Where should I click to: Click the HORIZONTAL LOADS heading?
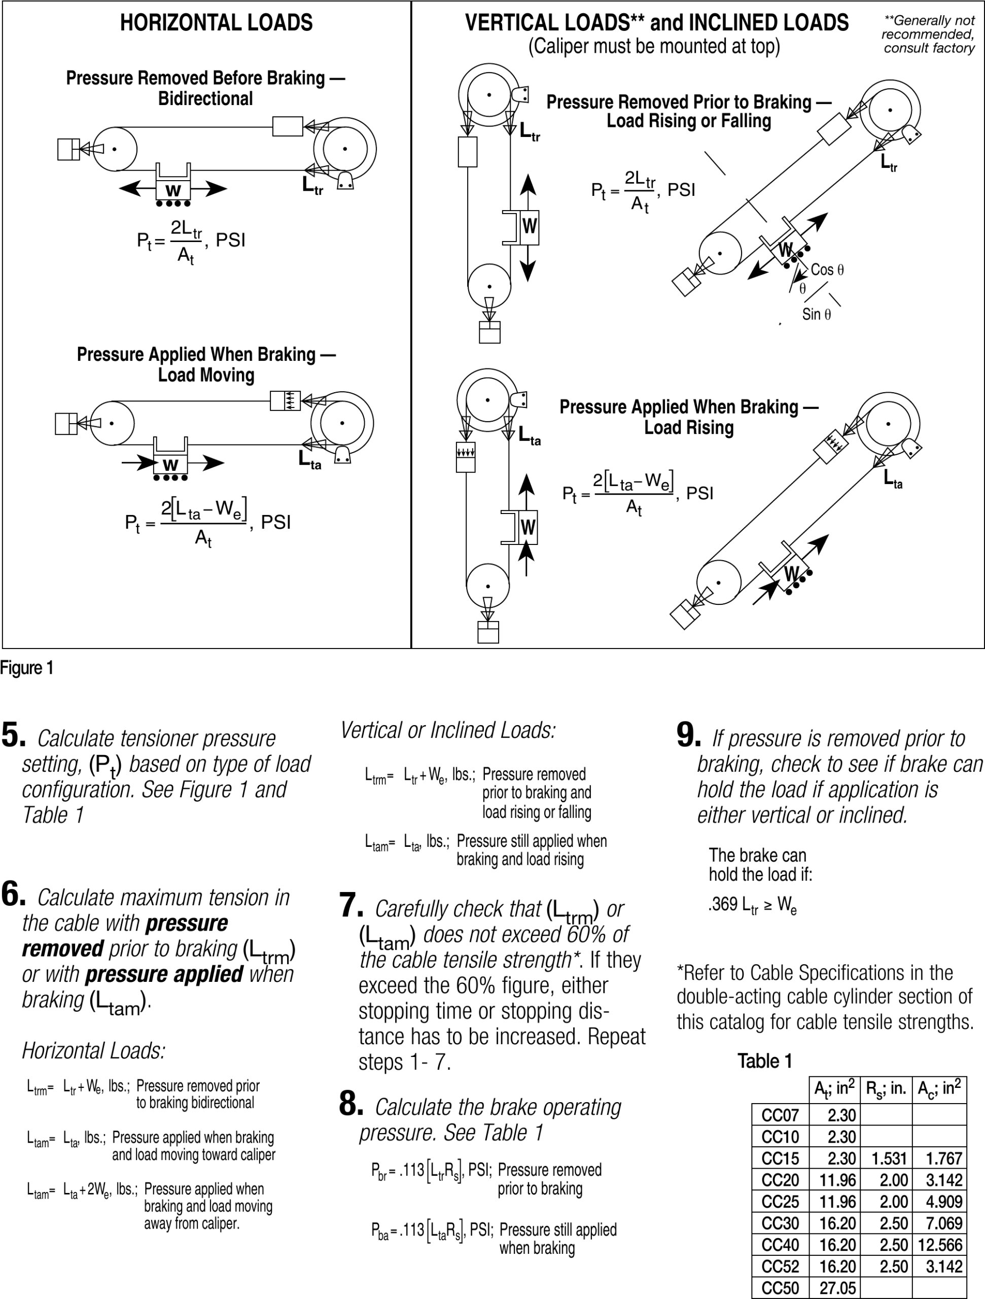click(216, 23)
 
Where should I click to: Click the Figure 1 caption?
click(27, 668)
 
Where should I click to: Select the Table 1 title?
click(764, 1061)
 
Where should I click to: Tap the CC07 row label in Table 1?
click(780, 1115)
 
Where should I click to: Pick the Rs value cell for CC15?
click(889, 1158)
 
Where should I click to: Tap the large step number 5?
click(13, 736)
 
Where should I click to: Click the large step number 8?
click(351, 1104)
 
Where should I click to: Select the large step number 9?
click(688, 736)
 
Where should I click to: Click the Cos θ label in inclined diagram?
click(827, 269)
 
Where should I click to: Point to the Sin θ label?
click(817, 314)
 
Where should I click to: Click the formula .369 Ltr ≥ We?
click(753, 905)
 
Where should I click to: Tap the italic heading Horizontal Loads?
click(94, 1050)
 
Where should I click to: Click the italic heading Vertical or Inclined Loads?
click(448, 730)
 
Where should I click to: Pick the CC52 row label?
click(780, 1266)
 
